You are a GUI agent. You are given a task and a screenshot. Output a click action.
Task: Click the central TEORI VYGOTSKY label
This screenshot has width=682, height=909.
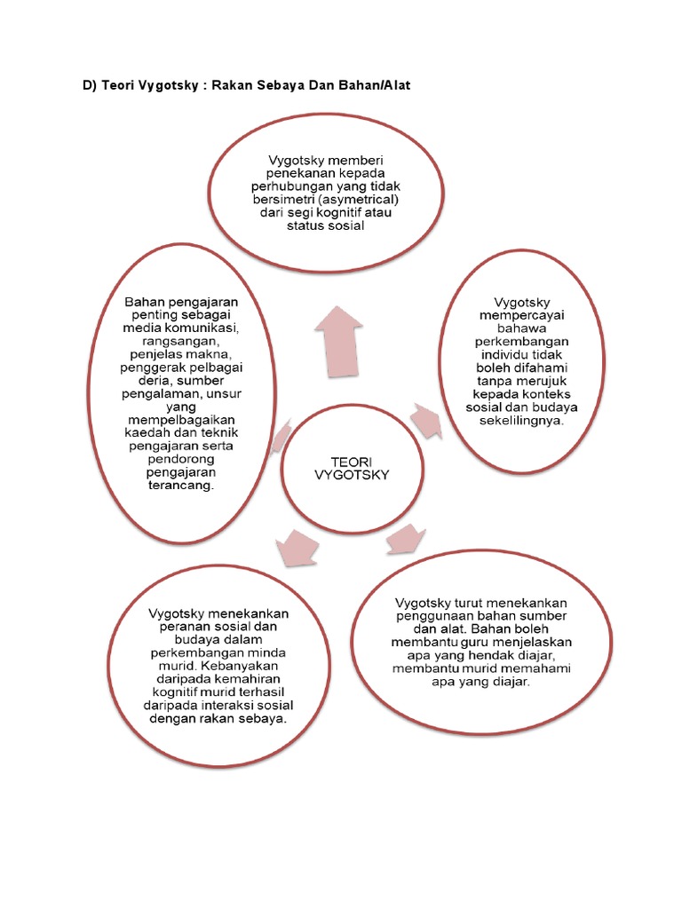pyautogui.click(x=353, y=468)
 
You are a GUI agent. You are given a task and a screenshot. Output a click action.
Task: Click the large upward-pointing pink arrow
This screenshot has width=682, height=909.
pyautogui.click(x=337, y=343)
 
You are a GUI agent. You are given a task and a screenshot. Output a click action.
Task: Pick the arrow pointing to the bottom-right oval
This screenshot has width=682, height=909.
pyautogui.click(x=406, y=537)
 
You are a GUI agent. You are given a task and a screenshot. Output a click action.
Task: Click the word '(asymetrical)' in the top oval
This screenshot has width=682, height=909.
pyautogui.click(x=369, y=201)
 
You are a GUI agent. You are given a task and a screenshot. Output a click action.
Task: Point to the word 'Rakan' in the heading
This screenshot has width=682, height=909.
pyautogui.click(x=235, y=85)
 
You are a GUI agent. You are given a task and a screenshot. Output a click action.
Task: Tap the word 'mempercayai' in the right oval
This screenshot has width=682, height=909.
pyautogui.click(x=521, y=314)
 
